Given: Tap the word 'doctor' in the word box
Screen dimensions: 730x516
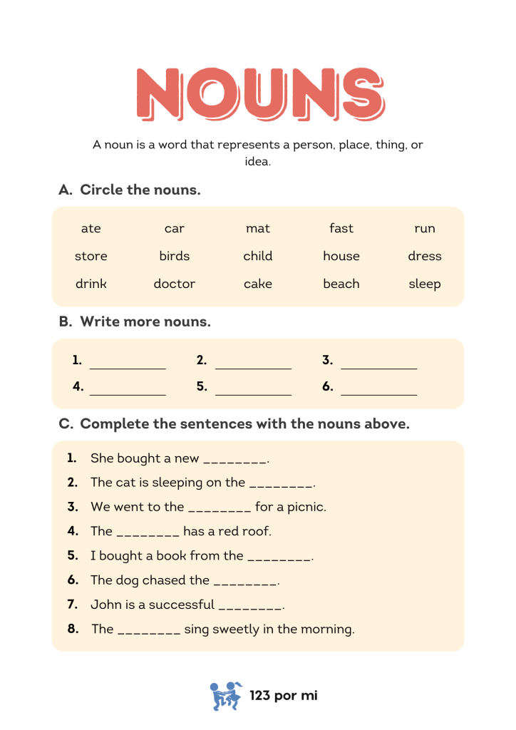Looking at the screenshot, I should point(175,284).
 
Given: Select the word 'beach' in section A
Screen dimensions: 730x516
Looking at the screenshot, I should point(341,284).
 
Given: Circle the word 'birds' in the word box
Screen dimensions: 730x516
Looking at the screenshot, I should point(175,256).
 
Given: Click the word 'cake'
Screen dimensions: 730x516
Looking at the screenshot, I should point(258,284).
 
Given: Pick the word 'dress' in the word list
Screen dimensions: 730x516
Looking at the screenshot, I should point(425,256).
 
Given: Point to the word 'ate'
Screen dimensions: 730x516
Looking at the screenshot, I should point(91,228).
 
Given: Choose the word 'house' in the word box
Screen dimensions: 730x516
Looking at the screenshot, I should point(341,256).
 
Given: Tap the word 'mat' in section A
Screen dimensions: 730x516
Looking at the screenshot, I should point(258,228).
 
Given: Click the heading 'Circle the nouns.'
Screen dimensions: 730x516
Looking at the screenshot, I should point(140,190).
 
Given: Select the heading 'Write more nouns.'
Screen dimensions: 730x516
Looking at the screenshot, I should point(145,322).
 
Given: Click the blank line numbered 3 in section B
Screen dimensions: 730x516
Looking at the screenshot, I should point(378,365).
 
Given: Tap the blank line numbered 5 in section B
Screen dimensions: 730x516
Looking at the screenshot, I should point(253,391).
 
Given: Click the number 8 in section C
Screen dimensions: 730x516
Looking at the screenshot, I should point(73,629).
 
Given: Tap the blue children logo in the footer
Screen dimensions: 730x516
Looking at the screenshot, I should point(226,695).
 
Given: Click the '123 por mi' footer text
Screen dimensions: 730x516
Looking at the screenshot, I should point(284,695).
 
